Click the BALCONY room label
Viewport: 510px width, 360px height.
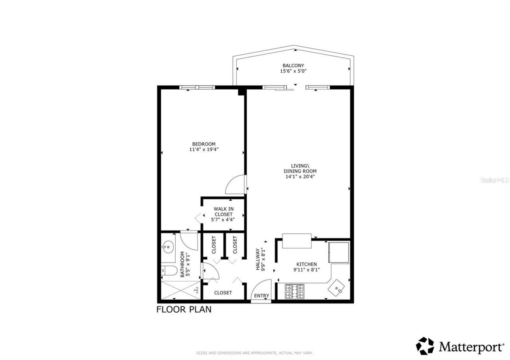tap(293, 66)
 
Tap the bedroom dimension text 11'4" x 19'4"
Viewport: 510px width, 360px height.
tap(204, 150)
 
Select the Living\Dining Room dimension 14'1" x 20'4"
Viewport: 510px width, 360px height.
tap(300, 176)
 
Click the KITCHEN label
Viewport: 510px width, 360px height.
tap(306, 264)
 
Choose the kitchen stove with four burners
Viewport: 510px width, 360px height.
tap(294, 291)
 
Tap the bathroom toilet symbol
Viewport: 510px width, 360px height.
tap(169, 271)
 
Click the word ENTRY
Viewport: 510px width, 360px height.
tap(262, 296)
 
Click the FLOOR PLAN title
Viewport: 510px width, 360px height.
tap(184, 309)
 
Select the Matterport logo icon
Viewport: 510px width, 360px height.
tap(425, 346)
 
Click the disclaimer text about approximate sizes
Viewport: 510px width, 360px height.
tap(255, 353)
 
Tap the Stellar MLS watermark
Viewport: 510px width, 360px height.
tap(494, 180)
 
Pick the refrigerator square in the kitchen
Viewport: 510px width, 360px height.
tap(339, 252)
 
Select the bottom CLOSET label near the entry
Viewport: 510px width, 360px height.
tap(223, 293)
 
